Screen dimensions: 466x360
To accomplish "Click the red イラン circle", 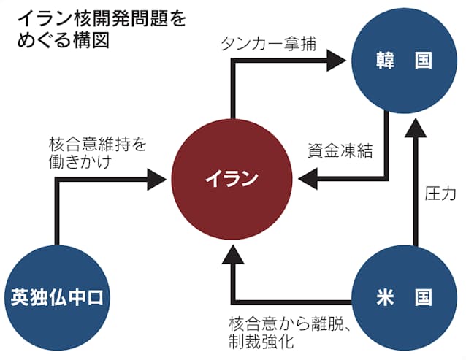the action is coord(232,179).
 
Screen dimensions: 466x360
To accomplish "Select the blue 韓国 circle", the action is coord(404,61).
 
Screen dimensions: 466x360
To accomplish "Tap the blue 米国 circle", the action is coord(404,298).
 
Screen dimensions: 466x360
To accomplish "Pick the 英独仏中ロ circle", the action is coord(57,298).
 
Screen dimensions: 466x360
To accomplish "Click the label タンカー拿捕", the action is coord(268,44).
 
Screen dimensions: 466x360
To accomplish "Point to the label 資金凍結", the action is coord(340,150).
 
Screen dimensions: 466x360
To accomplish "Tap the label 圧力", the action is coord(440,194).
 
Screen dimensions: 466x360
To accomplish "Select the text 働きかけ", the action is coord(80,161).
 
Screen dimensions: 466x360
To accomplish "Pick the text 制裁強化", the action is coord(261,341).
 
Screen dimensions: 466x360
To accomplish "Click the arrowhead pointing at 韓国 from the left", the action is coord(336,61).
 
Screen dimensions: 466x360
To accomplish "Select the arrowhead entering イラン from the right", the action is coord(308,179).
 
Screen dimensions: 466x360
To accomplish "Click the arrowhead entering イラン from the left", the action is coord(156,179).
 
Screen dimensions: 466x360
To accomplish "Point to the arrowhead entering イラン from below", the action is coord(233,255).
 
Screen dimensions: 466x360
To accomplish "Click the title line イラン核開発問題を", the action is coord(102,19).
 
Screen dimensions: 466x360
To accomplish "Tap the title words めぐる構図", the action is coord(64,39).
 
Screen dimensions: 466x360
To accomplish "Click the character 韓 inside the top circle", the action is coord(386,61).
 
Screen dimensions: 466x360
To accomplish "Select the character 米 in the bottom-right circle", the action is coord(386,298).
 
